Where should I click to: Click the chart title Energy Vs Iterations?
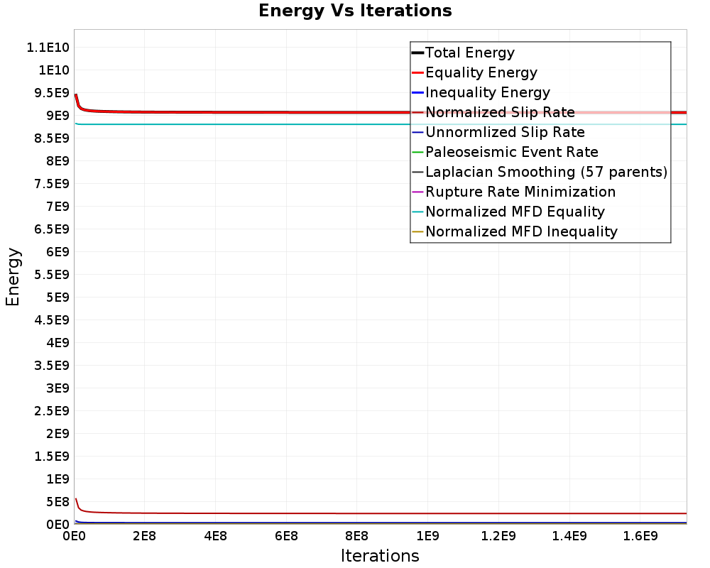355,11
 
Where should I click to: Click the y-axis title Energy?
13,277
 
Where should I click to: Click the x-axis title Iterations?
380,555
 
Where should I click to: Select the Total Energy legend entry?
469,53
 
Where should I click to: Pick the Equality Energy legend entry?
481,72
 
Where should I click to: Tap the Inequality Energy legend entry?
487,92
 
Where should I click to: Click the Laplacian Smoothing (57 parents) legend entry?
546,172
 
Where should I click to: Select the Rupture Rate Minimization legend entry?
520,192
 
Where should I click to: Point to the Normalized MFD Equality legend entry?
515,212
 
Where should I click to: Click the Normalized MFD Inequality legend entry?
521,231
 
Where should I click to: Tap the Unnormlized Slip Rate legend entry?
505,132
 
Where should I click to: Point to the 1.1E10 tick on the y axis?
48,48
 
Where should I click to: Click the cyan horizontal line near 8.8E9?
284,124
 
